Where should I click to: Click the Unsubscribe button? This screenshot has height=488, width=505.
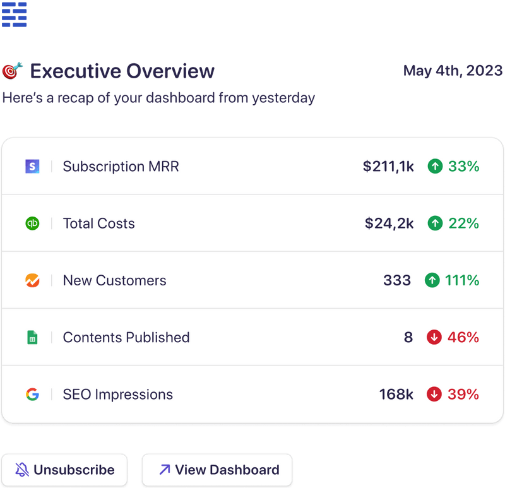click(64, 470)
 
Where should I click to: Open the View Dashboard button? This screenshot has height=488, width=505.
click(217, 470)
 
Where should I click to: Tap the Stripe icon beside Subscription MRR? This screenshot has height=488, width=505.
click(32, 167)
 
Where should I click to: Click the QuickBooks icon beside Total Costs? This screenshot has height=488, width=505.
click(32, 223)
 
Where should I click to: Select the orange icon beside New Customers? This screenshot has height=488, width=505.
click(32, 280)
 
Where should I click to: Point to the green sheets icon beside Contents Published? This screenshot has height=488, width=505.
click(32, 338)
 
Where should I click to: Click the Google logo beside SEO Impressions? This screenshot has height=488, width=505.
click(32, 395)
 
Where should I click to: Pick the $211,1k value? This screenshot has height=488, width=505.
click(388, 167)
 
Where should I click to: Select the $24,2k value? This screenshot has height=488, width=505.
click(389, 223)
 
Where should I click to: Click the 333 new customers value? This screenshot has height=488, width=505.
click(397, 280)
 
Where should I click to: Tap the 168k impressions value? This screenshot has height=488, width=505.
click(396, 395)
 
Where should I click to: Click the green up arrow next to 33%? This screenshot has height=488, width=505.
click(434, 167)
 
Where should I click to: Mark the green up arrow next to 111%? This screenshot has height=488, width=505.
click(432, 280)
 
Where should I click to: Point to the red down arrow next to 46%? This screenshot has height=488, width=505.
click(434, 338)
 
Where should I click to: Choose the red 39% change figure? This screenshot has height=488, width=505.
click(463, 395)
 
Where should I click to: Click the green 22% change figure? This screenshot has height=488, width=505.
click(463, 223)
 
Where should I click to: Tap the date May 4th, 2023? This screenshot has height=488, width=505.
click(453, 70)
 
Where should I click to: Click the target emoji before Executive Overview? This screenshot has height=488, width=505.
click(12, 71)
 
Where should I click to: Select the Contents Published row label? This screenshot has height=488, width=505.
click(126, 338)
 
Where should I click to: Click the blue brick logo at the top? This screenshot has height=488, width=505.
click(14, 15)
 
